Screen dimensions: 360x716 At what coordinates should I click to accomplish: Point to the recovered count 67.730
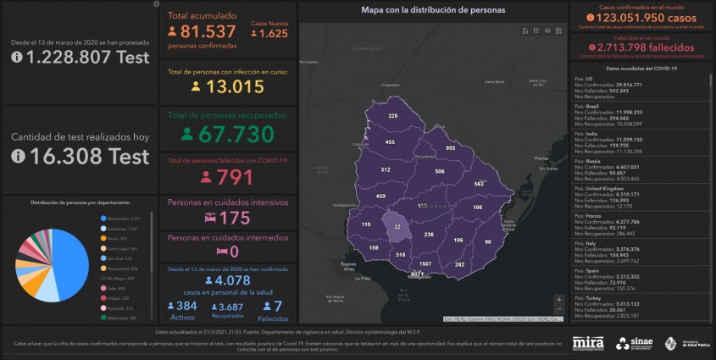236,134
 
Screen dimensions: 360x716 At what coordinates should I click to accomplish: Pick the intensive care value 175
233,218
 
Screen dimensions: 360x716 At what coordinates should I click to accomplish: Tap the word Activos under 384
182,317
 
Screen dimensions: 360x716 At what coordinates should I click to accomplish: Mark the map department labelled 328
392,115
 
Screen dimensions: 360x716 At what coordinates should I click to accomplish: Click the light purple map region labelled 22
397,227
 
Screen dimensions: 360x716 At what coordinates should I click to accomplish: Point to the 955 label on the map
451,147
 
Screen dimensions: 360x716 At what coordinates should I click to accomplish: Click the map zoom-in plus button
558,298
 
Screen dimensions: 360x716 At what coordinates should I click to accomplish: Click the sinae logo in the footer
635,342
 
